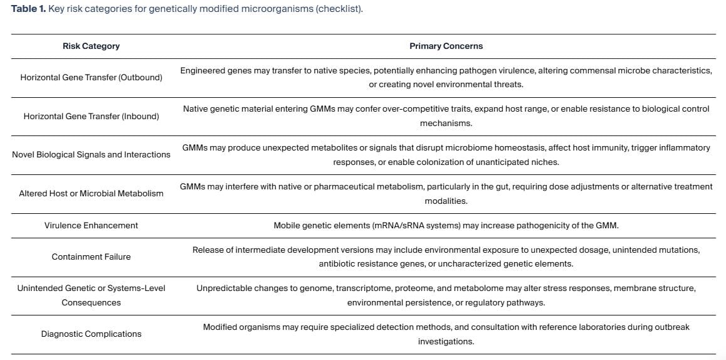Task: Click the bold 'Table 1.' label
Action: (x=28, y=9)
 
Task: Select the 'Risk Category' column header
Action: (x=91, y=46)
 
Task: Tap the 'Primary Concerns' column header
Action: (x=446, y=46)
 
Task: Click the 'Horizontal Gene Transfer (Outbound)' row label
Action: (x=91, y=77)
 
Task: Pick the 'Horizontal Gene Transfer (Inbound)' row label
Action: (x=91, y=116)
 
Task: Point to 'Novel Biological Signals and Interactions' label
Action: (x=91, y=154)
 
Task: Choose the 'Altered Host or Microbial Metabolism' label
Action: (x=91, y=193)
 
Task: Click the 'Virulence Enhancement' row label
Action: (x=91, y=225)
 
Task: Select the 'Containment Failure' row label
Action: (x=91, y=257)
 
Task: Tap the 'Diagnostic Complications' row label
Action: (x=91, y=334)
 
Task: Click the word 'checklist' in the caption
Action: (x=342, y=9)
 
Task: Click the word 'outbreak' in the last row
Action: (x=673, y=327)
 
